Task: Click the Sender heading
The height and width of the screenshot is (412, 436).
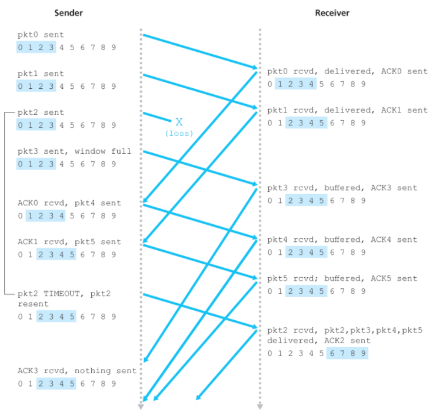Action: point(68,12)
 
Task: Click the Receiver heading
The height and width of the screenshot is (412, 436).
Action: point(331,12)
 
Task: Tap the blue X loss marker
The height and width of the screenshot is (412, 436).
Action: point(179,122)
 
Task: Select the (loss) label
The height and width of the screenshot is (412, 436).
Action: point(179,133)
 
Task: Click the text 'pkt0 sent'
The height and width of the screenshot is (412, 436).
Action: point(41,35)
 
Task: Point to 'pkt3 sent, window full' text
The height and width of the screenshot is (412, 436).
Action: point(74,151)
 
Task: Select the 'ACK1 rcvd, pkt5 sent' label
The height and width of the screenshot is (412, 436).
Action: point(69,242)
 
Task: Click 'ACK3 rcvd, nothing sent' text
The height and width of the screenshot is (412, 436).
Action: point(76,371)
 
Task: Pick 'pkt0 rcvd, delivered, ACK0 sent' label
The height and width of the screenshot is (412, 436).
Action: point(347,71)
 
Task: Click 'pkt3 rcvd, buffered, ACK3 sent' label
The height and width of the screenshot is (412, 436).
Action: point(342,188)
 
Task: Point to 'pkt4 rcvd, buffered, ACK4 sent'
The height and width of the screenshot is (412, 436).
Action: point(342,240)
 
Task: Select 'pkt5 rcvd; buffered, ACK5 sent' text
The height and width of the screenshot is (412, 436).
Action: point(342,278)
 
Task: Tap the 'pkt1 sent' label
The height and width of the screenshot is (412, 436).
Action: point(41,74)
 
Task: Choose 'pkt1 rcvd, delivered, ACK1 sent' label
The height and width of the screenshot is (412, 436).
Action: point(347,110)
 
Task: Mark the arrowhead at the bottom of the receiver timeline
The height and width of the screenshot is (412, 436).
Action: point(259,406)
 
